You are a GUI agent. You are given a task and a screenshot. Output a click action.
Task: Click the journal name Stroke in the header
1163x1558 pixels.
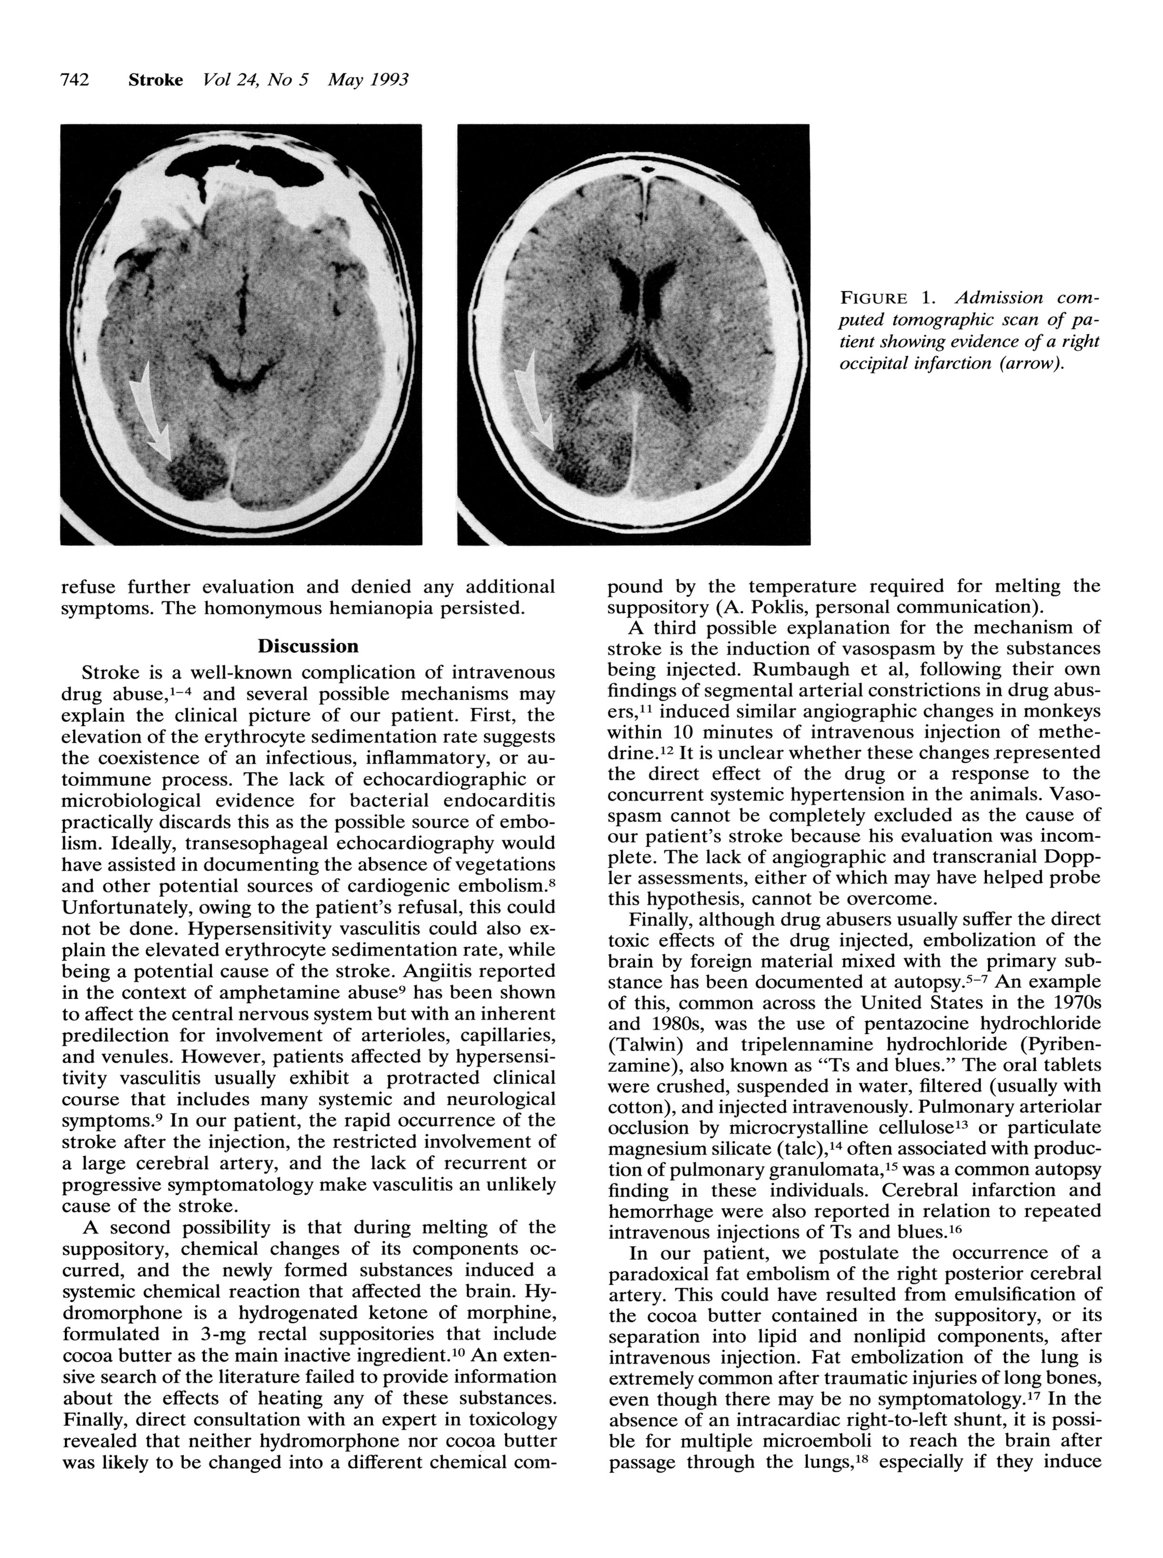[155, 80]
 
